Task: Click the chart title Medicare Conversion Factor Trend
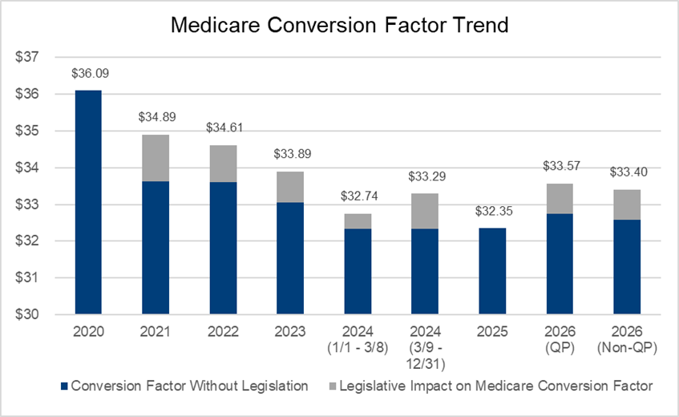(x=340, y=25)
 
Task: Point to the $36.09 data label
(x=88, y=74)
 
